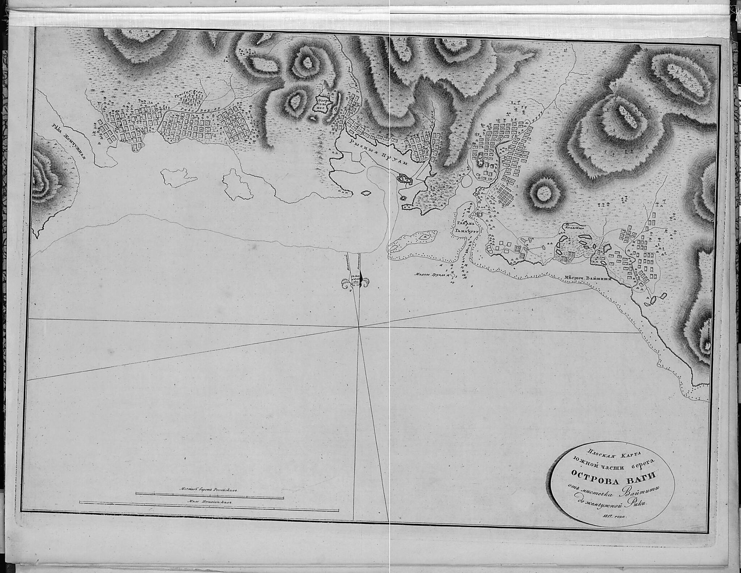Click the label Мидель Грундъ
coord(432,274)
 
